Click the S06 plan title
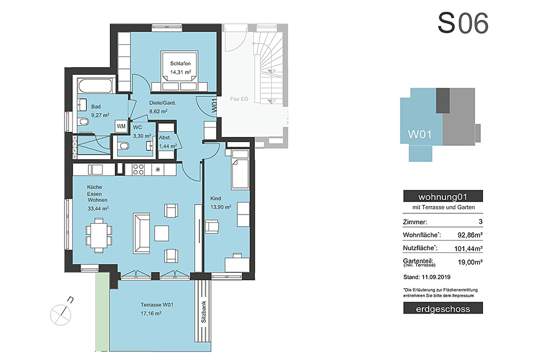[463, 23]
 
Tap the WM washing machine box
[121, 126]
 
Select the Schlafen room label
[180, 63]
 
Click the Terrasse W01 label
[157, 305]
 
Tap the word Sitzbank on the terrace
[203, 312]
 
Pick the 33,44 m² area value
[98, 208]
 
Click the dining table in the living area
[99, 235]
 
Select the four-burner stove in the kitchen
[138, 169]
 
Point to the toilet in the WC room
[123, 147]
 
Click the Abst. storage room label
[165, 138]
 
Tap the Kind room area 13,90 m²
[221, 207]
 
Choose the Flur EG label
[239, 98]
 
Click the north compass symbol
[62, 313]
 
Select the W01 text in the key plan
[420, 134]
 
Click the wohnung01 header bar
[443, 196]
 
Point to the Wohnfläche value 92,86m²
[470, 235]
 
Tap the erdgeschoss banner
[443, 308]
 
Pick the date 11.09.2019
[436, 277]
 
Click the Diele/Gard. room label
[163, 102]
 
